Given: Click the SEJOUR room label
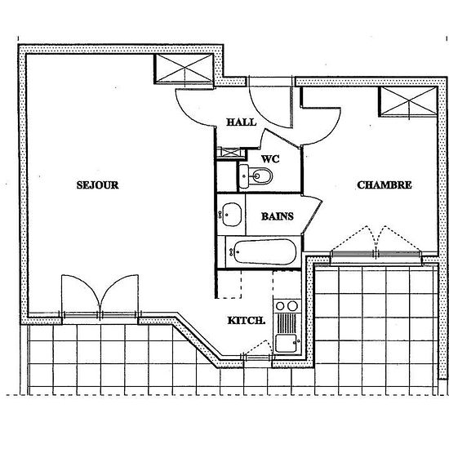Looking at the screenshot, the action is [98, 185].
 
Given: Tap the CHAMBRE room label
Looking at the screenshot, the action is [385, 185].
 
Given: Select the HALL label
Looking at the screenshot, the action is [242, 122].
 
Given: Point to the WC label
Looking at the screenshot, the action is [270, 159].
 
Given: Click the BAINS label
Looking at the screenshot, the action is [278, 216].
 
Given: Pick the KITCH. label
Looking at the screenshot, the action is [247, 321].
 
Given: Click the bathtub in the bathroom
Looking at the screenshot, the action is [265, 252].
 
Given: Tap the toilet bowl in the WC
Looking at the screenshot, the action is [260, 176].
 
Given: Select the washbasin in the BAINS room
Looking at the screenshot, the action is [231, 215].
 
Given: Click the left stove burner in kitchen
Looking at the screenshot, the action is [280, 306].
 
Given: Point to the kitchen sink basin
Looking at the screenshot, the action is [286, 343].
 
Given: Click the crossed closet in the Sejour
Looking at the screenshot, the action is [184, 69].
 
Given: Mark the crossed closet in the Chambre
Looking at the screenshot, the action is [408, 102].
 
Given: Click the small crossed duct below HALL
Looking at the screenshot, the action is [231, 153].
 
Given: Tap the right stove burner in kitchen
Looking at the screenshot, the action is [292, 306].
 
